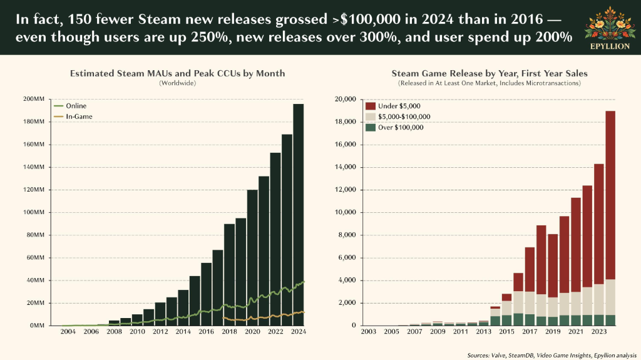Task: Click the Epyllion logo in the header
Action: pyautogui.click(x=610, y=28)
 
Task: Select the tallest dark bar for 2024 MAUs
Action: pyautogui.click(x=299, y=215)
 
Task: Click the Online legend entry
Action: pyautogui.click(x=70, y=106)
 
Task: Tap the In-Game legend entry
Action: pyautogui.click(x=73, y=116)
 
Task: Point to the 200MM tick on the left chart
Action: pyautogui.click(x=34, y=99)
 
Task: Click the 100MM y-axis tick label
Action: pyautogui.click(x=34, y=212)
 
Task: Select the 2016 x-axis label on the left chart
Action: pyautogui.click(x=206, y=331)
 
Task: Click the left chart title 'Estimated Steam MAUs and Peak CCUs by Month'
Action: pyautogui.click(x=177, y=74)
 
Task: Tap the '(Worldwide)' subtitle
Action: pyautogui.click(x=177, y=83)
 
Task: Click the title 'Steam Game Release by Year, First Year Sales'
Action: pyautogui.click(x=490, y=74)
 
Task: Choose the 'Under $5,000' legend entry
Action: pyautogui.click(x=393, y=106)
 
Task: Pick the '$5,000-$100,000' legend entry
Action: pyautogui.click(x=397, y=116)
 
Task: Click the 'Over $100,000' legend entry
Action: pyautogui.click(x=394, y=127)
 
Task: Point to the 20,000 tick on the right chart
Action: pyautogui.click(x=345, y=100)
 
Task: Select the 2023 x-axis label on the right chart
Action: pyautogui.click(x=598, y=331)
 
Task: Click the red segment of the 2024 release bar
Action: pyautogui.click(x=610, y=195)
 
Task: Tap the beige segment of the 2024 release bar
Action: pyautogui.click(x=610, y=297)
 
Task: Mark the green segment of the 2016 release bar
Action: pyautogui.click(x=518, y=319)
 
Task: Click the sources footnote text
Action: pyautogui.click(x=552, y=355)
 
